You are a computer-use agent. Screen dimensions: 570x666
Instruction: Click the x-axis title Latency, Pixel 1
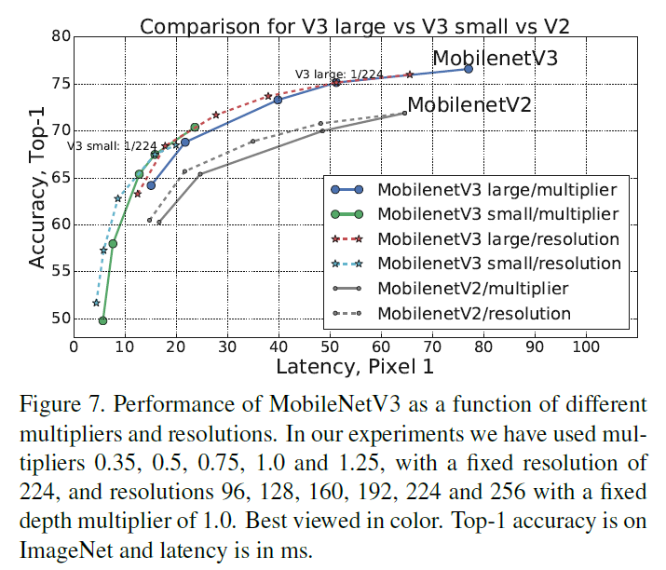tap(355, 367)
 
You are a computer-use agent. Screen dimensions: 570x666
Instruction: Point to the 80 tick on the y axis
tap(57, 36)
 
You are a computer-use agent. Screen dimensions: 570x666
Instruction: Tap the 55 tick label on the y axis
tap(57, 271)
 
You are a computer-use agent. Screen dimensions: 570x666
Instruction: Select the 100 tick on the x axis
tap(586, 346)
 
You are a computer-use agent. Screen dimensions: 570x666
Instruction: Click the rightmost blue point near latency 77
tap(468, 69)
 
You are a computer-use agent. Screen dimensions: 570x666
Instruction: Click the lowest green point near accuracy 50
tap(102, 320)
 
